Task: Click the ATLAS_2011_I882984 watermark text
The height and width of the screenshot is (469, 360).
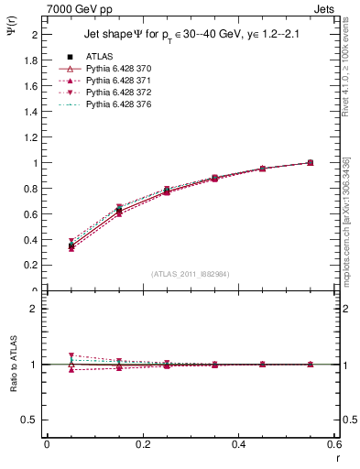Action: click(191, 274)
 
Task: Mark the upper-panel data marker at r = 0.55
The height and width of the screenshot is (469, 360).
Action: click(310, 162)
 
